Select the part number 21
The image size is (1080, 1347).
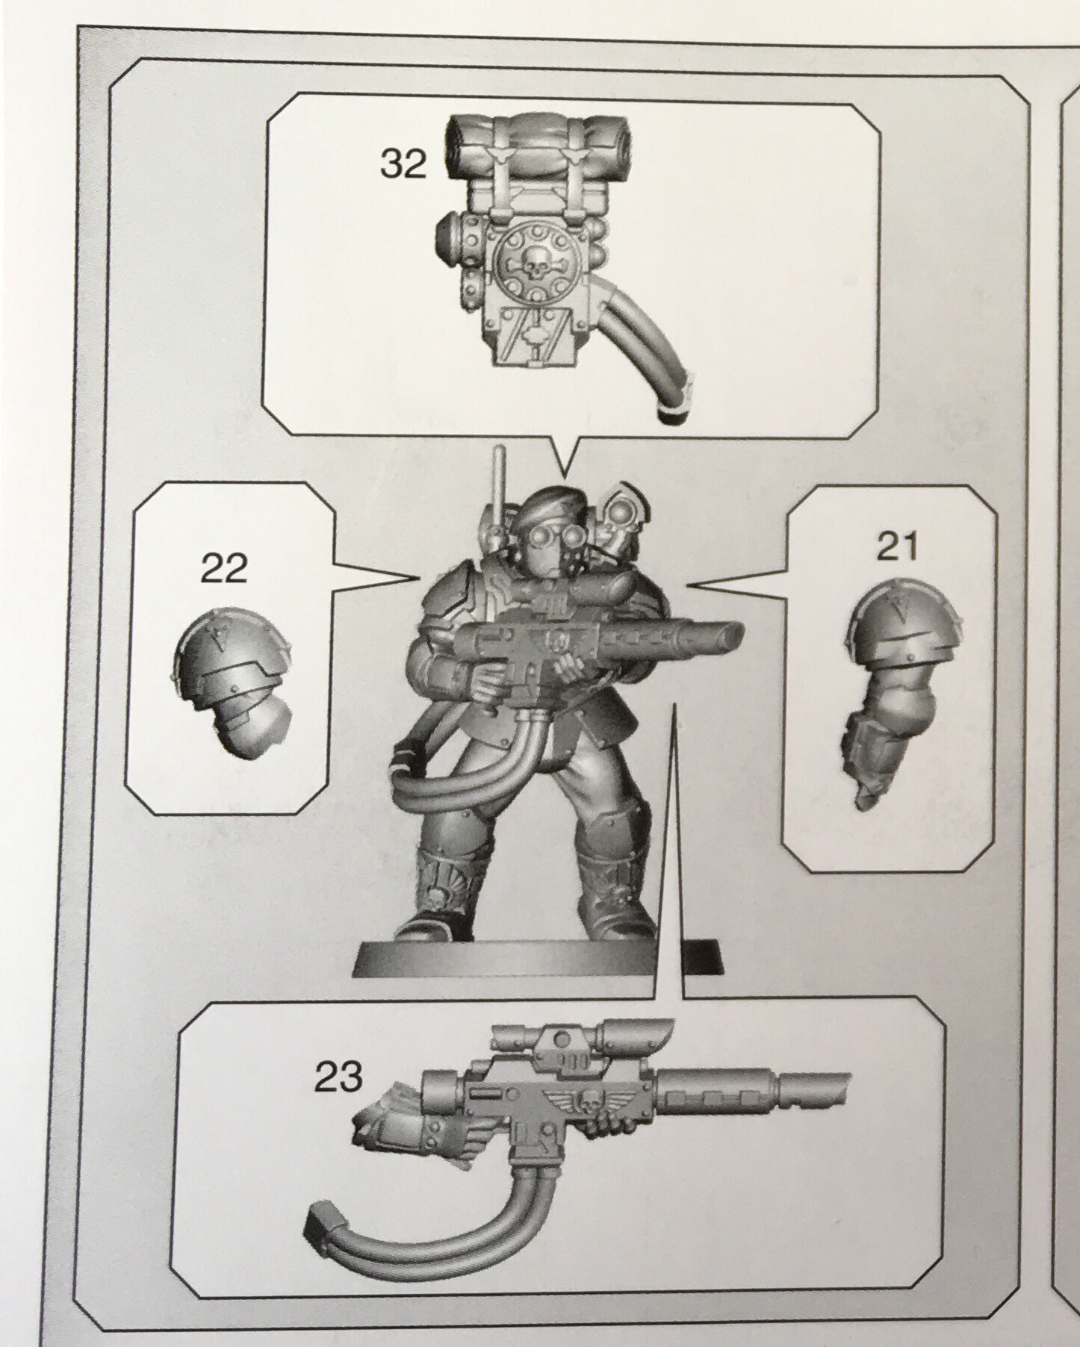click(x=897, y=549)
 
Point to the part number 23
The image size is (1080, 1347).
click(x=338, y=1077)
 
